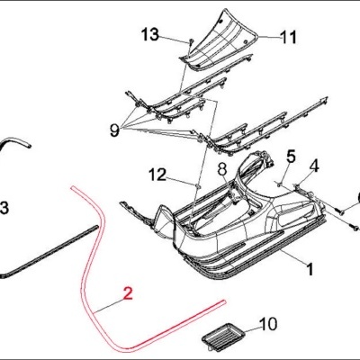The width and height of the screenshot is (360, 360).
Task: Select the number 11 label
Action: click(288, 38)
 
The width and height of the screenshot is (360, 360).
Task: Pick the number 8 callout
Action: click(221, 168)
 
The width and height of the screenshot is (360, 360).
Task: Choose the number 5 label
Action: click(291, 155)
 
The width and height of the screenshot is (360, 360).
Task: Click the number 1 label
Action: click(309, 268)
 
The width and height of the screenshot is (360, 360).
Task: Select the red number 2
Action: click(128, 292)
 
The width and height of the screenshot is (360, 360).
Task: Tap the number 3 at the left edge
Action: click(4, 209)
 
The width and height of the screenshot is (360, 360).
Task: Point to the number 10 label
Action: click(269, 322)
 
